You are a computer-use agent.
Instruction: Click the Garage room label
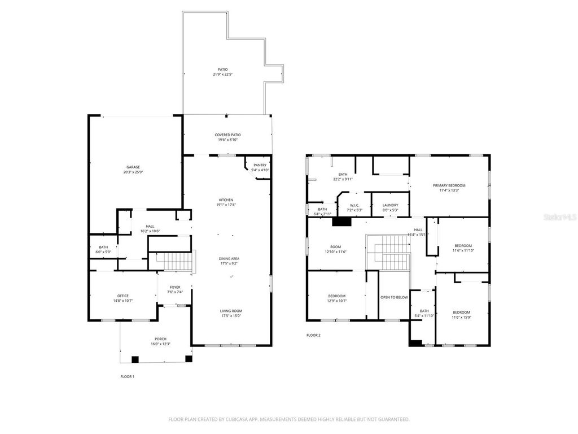(x=133, y=167)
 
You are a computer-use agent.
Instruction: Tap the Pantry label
(x=260, y=165)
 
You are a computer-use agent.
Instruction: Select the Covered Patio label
(x=227, y=134)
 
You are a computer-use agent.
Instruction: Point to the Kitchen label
(x=226, y=200)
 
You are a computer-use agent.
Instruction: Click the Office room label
(x=123, y=296)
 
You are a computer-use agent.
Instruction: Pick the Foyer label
(x=175, y=287)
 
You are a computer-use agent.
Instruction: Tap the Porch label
(x=161, y=339)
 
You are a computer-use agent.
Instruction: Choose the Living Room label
(x=231, y=310)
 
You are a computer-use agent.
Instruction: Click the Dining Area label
(x=229, y=258)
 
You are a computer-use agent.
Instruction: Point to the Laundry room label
(x=390, y=205)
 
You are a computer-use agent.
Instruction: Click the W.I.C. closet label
(x=354, y=205)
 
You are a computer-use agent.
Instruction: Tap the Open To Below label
(x=394, y=297)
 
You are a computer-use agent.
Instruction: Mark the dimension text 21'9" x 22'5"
(x=223, y=75)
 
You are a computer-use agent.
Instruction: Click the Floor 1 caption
(x=128, y=376)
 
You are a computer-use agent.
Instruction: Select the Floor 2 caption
(x=313, y=335)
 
